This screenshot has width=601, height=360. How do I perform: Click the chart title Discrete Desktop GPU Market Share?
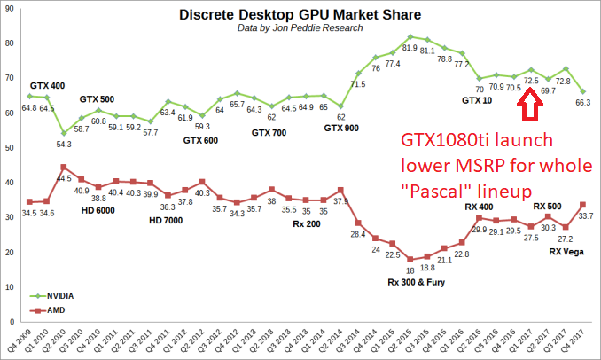coord(300,15)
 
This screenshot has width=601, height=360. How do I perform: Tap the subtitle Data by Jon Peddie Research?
coord(300,28)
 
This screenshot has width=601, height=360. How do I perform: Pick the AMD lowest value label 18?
coord(410,270)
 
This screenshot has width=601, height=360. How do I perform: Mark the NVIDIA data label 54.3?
coord(63,144)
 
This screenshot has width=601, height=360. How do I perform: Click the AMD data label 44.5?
coord(63,178)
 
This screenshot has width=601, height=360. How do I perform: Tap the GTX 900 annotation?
coord(342,128)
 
